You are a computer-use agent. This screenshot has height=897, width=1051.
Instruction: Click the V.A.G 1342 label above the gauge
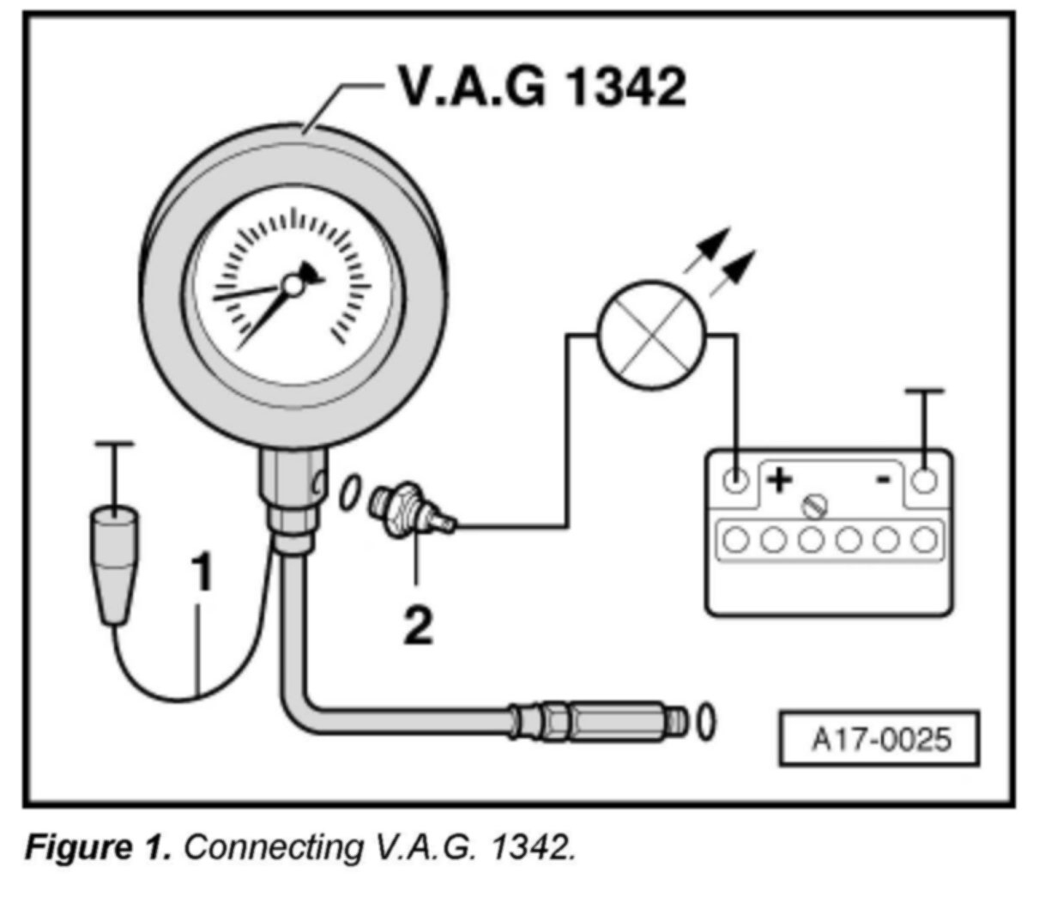(541, 87)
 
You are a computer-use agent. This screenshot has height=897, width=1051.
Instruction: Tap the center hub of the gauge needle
(293, 285)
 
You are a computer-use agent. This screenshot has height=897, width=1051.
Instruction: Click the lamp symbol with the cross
(652, 335)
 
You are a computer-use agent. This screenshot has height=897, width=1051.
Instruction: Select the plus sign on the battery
(779, 480)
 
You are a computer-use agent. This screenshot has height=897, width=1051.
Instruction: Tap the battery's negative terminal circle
(924, 479)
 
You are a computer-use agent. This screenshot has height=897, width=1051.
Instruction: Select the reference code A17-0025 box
(878, 737)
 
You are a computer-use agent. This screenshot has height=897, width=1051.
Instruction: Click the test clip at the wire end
(113, 562)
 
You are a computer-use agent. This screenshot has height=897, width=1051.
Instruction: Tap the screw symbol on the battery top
(813, 506)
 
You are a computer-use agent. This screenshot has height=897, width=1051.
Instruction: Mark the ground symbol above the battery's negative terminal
(924, 391)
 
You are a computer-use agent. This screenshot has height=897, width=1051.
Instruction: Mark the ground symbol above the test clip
(113, 445)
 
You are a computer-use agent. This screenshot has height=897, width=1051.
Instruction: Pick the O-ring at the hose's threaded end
(705, 722)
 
